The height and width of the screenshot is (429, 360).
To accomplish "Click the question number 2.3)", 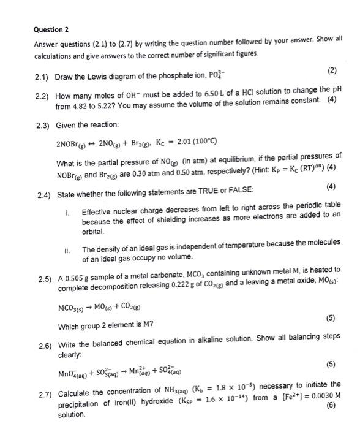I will click(x=42, y=125).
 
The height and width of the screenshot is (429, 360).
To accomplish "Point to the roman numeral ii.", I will click(x=68, y=249).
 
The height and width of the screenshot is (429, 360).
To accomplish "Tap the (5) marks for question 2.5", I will click(x=332, y=318).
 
